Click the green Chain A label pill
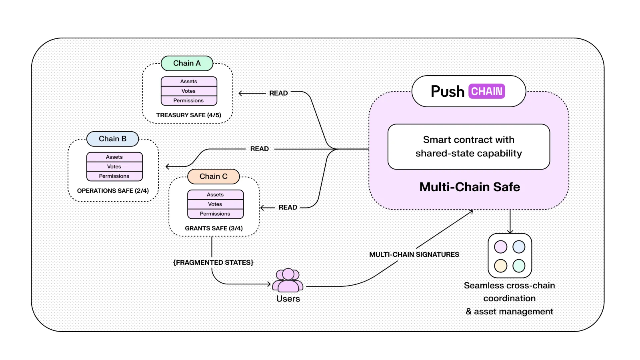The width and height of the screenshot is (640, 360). pyautogui.click(x=187, y=63)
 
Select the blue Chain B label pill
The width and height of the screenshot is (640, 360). pyautogui.click(x=112, y=139)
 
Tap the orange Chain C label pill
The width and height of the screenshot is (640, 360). pyautogui.click(x=213, y=176)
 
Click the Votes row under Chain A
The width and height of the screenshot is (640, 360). pyautogui.click(x=189, y=91)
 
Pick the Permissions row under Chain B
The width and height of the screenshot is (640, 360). pyautogui.click(x=114, y=176)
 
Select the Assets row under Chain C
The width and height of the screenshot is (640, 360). pyautogui.click(x=215, y=195)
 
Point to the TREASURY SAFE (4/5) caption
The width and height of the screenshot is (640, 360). pyautogui.click(x=188, y=115)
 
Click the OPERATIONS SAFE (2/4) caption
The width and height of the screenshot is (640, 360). pyautogui.click(x=113, y=191)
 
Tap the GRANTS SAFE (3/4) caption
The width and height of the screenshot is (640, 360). pyautogui.click(x=214, y=228)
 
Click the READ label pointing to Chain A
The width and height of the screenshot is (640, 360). pyautogui.click(x=278, y=93)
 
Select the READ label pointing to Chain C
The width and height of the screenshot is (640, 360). pyautogui.click(x=288, y=207)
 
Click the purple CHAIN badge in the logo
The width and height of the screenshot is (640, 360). pyautogui.click(x=486, y=92)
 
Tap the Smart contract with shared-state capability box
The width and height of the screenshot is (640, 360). pyautogui.click(x=468, y=146)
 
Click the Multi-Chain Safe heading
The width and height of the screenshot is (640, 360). pyautogui.click(x=470, y=187)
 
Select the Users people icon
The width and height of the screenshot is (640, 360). pyautogui.click(x=288, y=280)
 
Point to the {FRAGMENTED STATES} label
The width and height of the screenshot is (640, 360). pyautogui.click(x=213, y=262)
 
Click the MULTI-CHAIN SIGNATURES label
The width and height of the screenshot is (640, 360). pyautogui.click(x=414, y=254)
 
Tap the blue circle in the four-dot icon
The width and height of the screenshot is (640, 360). pyautogui.click(x=519, y=247)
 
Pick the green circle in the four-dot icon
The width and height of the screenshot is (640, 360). pyautogui.click(x=519, y=266)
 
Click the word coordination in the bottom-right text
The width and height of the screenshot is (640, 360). pyautogui.click(x=509, y=298)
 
